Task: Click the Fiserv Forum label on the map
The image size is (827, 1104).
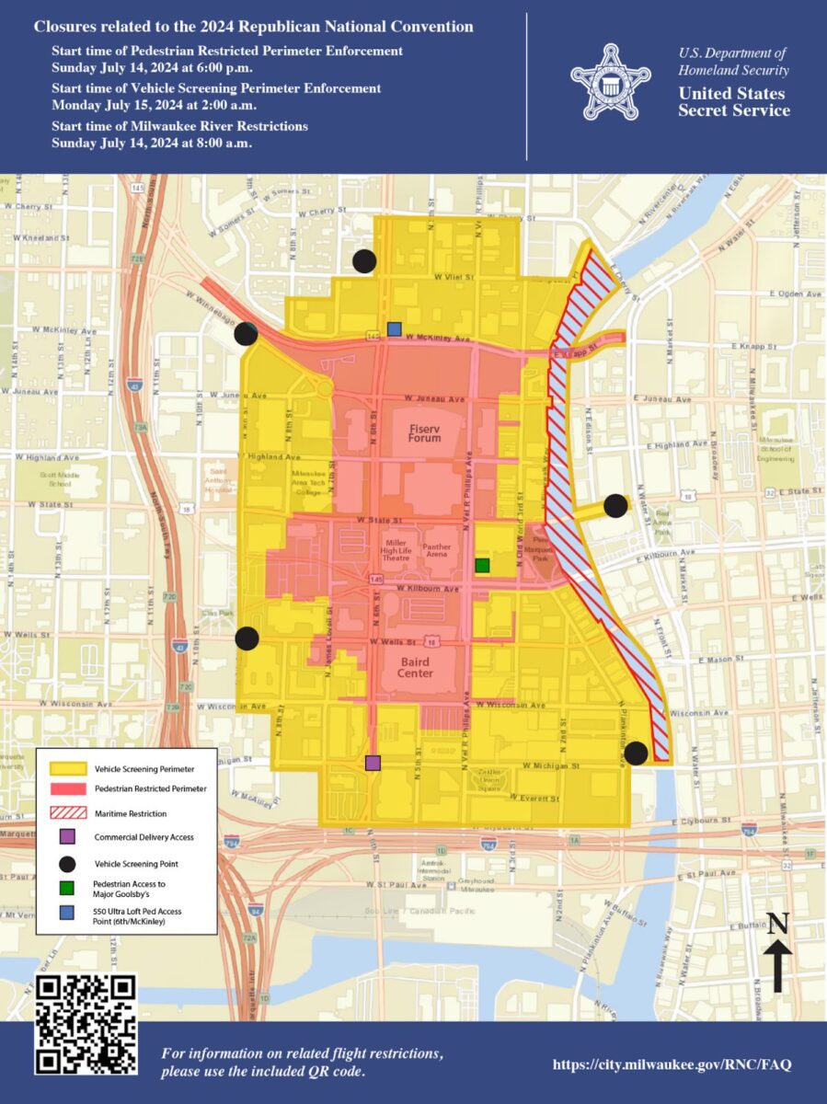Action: click(426, 432)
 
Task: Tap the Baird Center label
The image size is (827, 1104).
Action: click(415, 667)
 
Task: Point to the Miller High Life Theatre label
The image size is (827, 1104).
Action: click(396, 550)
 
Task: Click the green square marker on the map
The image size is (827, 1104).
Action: click(482, 565)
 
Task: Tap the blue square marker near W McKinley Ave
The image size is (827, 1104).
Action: click(395, 328)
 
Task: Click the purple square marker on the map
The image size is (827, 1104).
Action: click(373, 763)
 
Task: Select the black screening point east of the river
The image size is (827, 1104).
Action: click(615, 506)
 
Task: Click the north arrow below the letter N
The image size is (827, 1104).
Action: click(777, 970)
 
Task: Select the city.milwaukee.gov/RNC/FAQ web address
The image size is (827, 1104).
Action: click(672, 1064)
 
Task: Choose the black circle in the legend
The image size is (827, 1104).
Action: click(66, 863)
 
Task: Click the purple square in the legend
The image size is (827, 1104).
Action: click(66, 837)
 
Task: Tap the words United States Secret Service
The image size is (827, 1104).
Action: click(733, 102)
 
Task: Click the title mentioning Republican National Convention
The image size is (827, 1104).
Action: click(254, 28)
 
